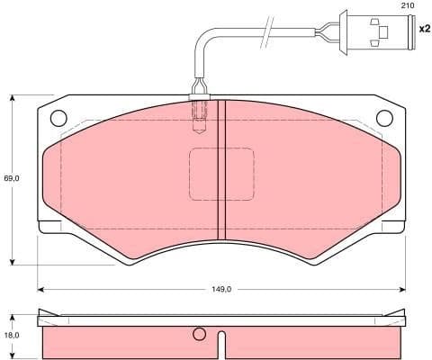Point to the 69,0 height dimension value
coord(10,179)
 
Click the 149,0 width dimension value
coord(221,289)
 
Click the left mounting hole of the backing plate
coord(59,117)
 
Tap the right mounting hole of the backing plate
coord(384,117)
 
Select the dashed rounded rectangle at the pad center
coord(221,175)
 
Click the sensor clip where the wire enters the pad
coord(201,91)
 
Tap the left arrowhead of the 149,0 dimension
coord(41,289)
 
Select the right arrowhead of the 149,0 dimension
coord(401,289)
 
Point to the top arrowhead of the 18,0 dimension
coord(12,314)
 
